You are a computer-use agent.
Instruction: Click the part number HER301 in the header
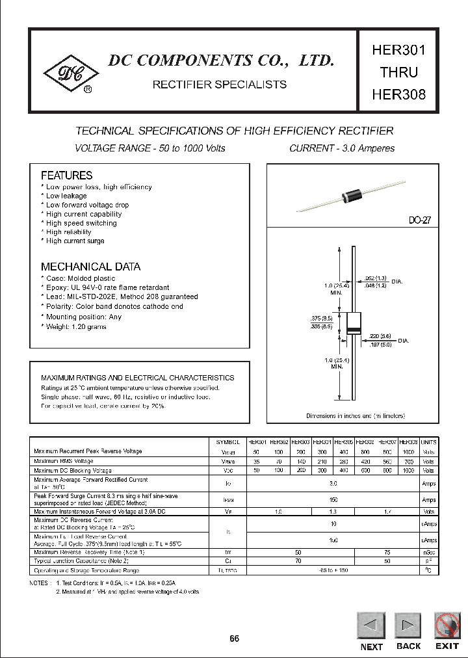click(x=398, y=50)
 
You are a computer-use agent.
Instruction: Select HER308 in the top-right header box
click(x=398, y=94)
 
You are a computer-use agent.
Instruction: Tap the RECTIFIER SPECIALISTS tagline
click(x=219, y=85)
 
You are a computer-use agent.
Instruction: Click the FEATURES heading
click(x=66, y=176)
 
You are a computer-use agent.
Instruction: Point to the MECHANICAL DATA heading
click(x=90, y=267)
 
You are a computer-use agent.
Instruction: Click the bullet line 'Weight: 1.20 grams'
click(x=75, y=326)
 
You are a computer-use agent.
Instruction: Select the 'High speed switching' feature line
click(x=81, y=223)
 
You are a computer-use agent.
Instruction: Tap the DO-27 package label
click(x=419, y=221)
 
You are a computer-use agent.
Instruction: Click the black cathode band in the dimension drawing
click(x=353, y=332)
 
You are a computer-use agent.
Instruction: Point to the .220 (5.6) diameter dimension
click(x=380, y=337)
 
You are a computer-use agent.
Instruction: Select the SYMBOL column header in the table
click(x=227, y=441)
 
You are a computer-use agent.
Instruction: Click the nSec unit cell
click(x=429, y=552)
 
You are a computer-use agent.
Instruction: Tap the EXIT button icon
click(x=447, y=625)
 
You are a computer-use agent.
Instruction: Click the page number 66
click(x=235, y=638)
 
